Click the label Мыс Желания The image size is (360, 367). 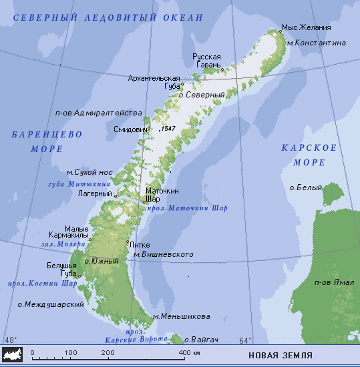point(306,27)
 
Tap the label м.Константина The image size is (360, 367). point(316,43)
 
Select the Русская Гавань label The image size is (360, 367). point(206,61)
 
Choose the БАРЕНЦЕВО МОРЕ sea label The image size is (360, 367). point(46,141)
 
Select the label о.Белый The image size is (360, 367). point(302,188)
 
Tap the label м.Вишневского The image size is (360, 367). point(164,254)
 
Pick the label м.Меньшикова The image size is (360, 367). point(181,316)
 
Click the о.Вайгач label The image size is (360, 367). point(201,339)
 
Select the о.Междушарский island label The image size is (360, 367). point(50,304)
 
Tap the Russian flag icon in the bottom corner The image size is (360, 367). point(11,353)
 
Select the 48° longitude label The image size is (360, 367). point(11,340)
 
